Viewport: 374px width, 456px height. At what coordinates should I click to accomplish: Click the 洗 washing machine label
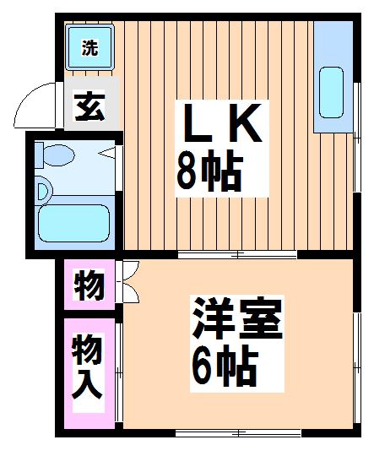click(x=89, y=47)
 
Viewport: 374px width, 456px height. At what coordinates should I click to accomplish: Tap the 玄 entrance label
click(x=89, y=107)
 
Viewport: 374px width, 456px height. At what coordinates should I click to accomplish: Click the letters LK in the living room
click(x=221, y=123)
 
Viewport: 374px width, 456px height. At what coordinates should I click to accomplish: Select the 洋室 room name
click(x=236, y=318)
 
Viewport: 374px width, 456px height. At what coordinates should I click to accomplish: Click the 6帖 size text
click(x=225, y=366)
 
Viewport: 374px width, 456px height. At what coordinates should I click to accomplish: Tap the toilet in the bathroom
click(x=55, y=155)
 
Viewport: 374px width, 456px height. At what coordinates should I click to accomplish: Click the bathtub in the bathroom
click(x=73, y=223)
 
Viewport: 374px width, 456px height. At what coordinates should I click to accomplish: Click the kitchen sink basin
click(x=331, y=93)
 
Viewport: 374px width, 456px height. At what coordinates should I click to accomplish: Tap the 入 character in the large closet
click(x=87, y=385)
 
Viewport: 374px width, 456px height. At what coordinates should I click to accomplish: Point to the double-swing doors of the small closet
click(x=128, y=281)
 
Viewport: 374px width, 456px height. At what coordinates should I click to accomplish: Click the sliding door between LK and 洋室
click(x=237, y=255)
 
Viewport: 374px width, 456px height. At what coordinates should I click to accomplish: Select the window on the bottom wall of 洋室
click(x=238, y=433)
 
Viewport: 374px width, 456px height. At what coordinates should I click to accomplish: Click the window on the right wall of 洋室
click(x=357, y=368)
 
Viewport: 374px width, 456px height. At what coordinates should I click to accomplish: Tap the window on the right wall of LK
click(x=357, y=138)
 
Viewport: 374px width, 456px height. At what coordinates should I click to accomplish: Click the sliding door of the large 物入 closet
click(x=118, y=372)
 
